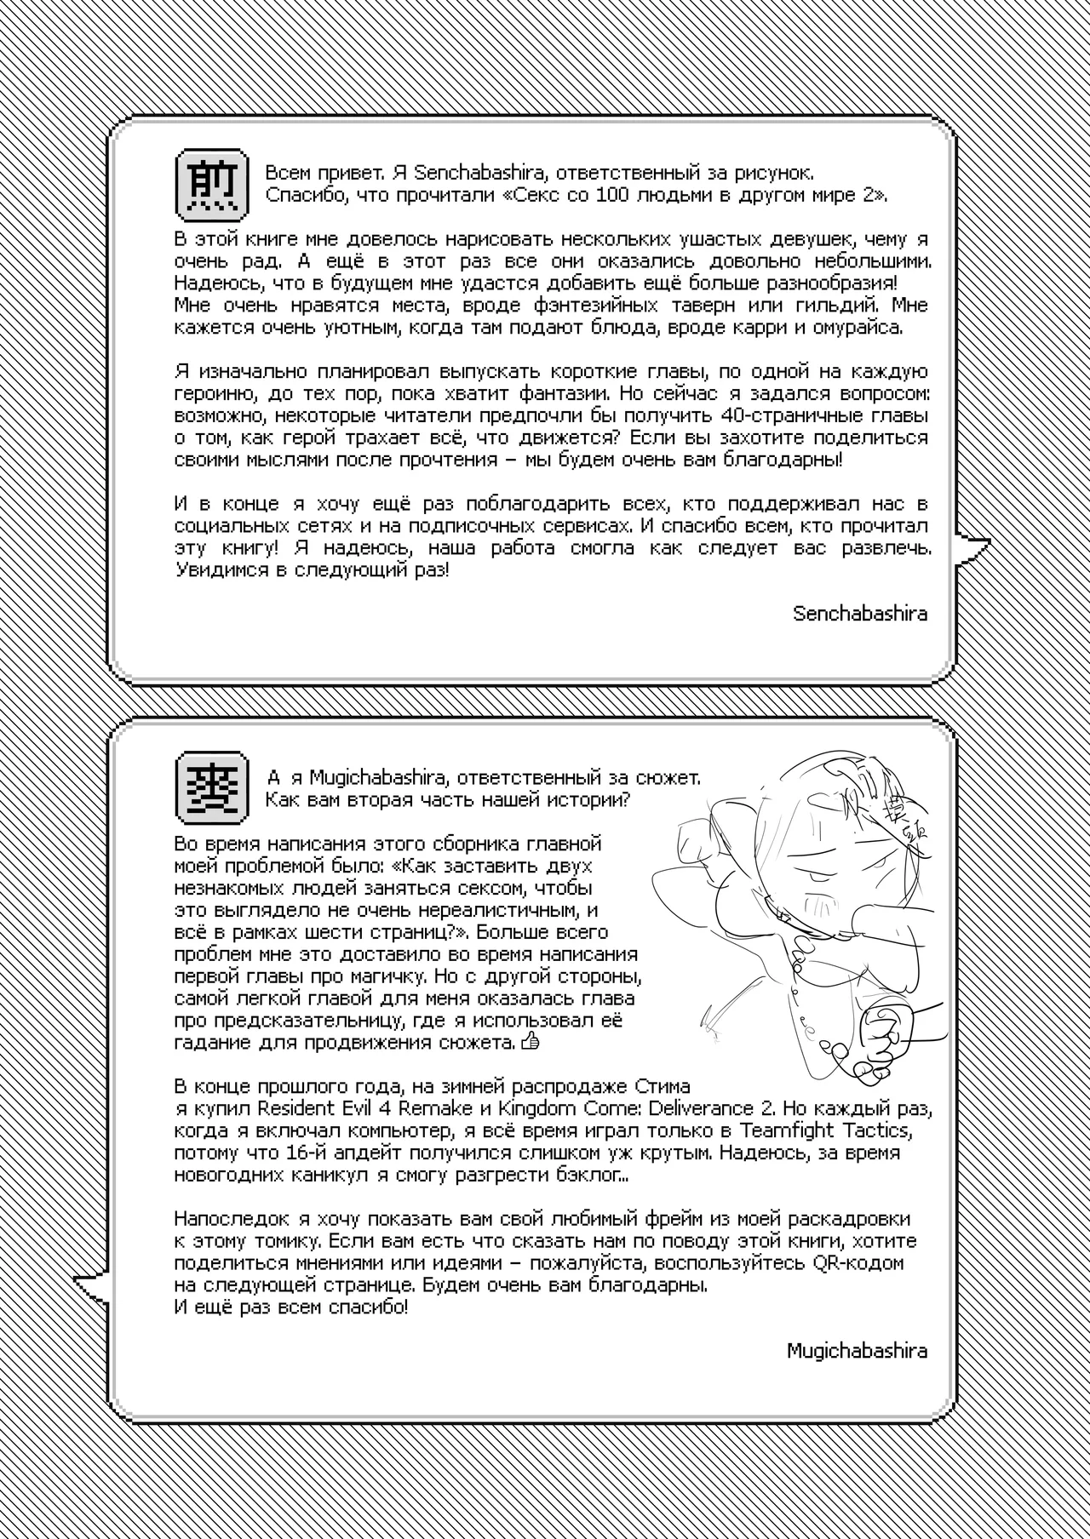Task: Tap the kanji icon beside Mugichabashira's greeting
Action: pyautogui.click(x=212, y=788)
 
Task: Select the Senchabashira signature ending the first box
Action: pyautogui.click(x=860, y=613)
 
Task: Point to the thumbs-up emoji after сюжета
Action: pyautogui.click(x=530, y=1040)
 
